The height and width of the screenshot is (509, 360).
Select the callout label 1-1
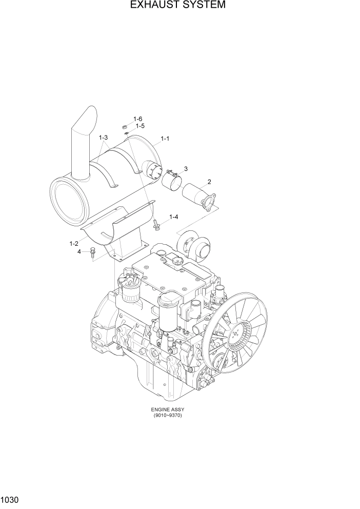(x=165, y=139)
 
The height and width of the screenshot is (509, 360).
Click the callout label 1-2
(x=73, y=243)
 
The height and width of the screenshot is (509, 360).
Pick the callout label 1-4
(x=173, y=217)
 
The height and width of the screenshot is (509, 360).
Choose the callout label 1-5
(x=139, y=126)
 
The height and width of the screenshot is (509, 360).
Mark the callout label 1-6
(x=137, y=119)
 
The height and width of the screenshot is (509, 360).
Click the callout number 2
(x=209, y=181)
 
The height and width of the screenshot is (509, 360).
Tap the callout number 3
(x=185, y=168)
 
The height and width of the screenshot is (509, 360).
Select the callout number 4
(x=79, y=251)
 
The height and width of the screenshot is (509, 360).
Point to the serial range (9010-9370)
(x=167, y=415)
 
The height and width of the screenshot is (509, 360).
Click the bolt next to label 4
(x=92, y=251)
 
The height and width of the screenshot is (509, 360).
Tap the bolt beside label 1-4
(x=156, y=223)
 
